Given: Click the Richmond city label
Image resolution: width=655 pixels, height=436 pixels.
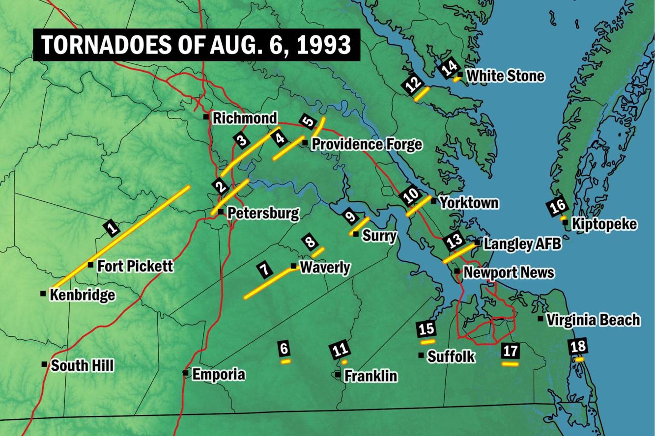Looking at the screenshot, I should pos(245,118).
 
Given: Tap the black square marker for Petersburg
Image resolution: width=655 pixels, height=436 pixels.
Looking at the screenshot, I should pos(221,212).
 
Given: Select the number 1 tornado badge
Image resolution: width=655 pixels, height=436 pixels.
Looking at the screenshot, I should pos(112,227).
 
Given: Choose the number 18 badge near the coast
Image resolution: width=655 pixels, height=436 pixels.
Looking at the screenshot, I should pos(578,346).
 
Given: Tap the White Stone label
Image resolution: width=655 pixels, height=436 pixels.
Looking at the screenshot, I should pos(505,76).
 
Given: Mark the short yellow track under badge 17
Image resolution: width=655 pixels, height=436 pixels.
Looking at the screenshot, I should pos(510,364).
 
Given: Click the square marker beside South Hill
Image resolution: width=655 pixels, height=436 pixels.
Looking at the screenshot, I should pos(44,364).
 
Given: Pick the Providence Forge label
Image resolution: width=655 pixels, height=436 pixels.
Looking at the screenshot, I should pos(367,144).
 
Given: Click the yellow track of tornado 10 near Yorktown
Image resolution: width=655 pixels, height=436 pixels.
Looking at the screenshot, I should pos(418,206).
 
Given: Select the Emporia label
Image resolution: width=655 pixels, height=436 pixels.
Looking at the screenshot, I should pos(218,375).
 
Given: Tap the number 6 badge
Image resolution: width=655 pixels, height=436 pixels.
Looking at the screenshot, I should pos(284,348).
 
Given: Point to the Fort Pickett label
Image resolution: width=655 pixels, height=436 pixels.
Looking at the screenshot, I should pos(135,266).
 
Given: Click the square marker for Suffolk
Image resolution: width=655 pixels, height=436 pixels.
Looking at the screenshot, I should pos(421,355).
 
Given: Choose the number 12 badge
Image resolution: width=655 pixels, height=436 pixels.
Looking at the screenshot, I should pos(413,83).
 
